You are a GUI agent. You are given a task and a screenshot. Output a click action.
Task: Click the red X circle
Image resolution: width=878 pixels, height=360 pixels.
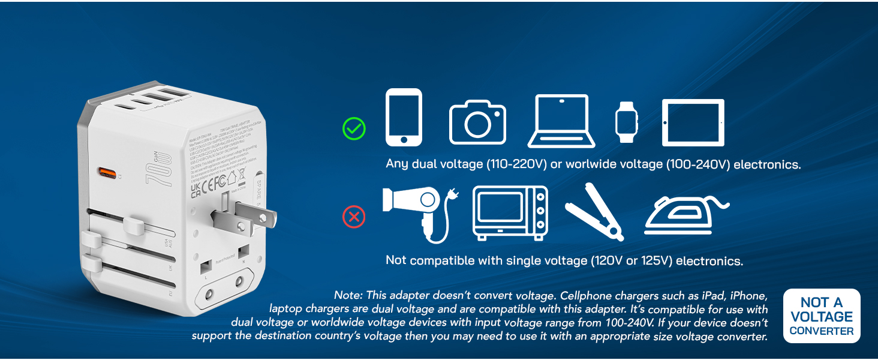pyautogui.click(x=354, y=217)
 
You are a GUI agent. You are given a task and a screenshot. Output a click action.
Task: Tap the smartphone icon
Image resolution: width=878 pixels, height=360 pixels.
pyautogui.click(x=404, y=118)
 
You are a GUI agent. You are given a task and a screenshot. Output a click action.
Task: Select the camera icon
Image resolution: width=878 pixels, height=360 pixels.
pyautogui.click(x=477, y=122)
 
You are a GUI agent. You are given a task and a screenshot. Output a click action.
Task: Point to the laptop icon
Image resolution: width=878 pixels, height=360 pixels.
pyautogui.click(x=561, y=121)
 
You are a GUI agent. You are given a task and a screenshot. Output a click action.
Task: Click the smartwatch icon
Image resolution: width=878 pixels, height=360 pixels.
pyautogui.click(x=626, y=122)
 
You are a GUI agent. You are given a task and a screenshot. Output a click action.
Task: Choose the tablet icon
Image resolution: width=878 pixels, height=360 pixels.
pyautogui.click(x=693, y=122)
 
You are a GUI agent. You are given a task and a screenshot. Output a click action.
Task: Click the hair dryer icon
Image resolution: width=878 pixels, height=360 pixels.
pyautogui.click(x=417, y=212)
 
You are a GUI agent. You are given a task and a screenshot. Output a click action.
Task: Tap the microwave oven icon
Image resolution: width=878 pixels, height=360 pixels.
pyautogui.click(x=510, y=213)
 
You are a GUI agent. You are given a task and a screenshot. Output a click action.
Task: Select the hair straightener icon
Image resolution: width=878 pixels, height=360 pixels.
pyautogui.click(x=594, y=212)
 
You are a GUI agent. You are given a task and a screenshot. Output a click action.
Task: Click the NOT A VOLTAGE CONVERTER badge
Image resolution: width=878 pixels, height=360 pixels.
pyautogui.click(x=822, y=316)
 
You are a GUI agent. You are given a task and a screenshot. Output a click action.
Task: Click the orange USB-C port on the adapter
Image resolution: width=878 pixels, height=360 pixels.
pyautogui.click(x=108, y=175)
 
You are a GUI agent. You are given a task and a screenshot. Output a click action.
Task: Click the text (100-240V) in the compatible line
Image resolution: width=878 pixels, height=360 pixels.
pyautogui.click(x=696, y=164)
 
